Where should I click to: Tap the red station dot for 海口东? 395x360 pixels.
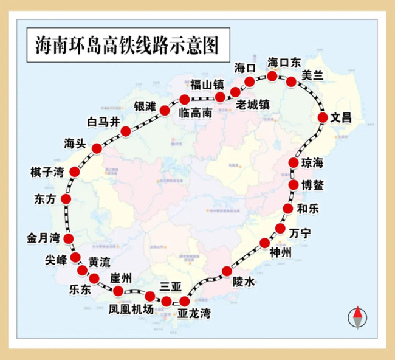tap(272, 76)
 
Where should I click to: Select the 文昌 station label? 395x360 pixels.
tap(341, 118)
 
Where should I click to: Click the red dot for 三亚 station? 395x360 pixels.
tap(167, 301)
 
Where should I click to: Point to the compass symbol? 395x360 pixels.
tap(357, 317)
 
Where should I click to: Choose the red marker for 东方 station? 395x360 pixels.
tap(66, 199)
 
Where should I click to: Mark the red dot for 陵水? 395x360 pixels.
tap(227, 271)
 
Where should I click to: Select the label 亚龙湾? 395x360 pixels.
tap(194, 314)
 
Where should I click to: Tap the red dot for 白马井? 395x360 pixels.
tap(126, 131)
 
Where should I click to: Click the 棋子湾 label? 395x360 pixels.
tap(47, 172)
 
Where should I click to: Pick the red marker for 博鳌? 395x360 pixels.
tap(293, 184)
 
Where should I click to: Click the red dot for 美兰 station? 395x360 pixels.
tap(291, 81)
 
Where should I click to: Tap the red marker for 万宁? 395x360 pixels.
tap(280, 229)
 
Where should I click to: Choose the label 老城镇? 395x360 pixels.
tap(252, 104)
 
